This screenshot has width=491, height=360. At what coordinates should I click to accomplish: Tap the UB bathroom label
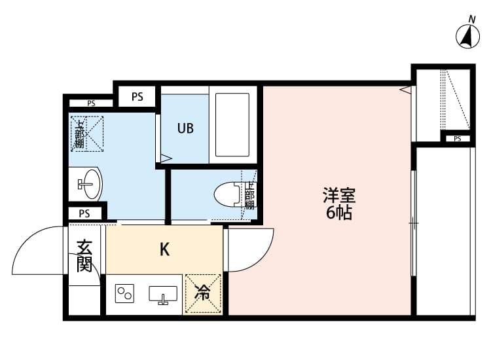point(185,128)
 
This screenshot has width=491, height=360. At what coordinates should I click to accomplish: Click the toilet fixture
point(228,194)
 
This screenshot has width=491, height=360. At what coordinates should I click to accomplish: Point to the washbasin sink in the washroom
point(89,184)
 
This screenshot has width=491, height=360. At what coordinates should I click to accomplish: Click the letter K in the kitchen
point(165,249)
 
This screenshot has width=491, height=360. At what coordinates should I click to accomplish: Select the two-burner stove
point(124,294)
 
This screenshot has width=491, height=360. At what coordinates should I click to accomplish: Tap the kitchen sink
point(163,295)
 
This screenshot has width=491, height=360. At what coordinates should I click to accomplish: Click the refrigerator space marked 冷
point(203,292)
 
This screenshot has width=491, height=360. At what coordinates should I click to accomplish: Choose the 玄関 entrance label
point(84,256)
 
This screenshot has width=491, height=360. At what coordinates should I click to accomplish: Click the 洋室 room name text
point(339,196)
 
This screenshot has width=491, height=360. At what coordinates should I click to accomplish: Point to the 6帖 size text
point(339,213)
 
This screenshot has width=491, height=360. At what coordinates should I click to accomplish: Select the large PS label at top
point(137,97)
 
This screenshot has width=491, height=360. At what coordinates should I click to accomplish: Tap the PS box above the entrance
point(84,213)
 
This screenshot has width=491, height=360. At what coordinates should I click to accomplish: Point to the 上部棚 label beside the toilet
point(249,195)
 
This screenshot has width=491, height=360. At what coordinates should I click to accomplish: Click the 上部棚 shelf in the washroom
point(86,134)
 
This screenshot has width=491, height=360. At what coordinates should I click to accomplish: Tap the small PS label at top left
point(90,103)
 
